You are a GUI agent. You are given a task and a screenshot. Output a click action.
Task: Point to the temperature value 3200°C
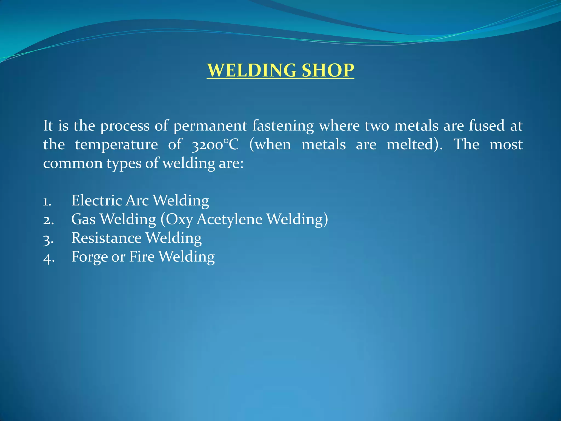215,144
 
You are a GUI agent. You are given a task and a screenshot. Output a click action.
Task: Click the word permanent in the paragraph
210,126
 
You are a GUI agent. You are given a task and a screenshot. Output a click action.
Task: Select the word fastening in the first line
283,126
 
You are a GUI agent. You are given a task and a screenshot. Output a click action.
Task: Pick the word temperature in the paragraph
116,144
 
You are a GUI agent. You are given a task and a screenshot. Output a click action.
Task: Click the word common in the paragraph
73,163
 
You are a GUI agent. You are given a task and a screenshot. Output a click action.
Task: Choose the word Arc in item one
137,200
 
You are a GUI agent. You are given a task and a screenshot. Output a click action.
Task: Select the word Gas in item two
83,219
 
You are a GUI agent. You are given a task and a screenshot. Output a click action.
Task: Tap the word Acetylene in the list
229,219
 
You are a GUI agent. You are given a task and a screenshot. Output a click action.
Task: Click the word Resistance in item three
106,238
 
